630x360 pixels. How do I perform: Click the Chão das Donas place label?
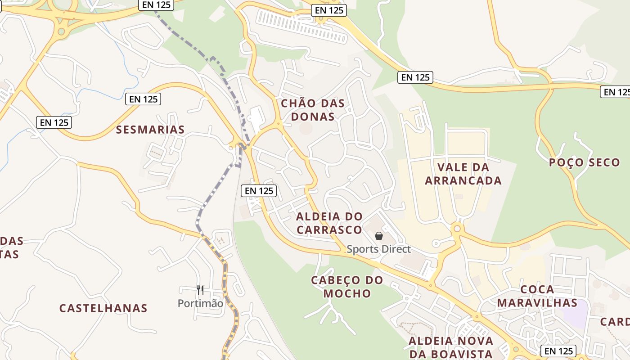(313, 110)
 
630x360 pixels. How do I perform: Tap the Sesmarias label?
(150, 130)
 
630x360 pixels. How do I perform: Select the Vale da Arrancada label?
(463, 174)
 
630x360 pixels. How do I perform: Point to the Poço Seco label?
(584, 162)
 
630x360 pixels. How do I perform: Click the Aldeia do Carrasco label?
(329, 223)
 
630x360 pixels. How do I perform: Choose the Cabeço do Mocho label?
(347, 287)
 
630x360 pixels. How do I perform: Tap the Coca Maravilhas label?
(537, 296)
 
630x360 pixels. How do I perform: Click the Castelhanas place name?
(103, 308)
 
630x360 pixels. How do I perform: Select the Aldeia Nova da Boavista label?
(450, 347)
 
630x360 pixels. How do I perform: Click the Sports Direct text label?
(378, 249)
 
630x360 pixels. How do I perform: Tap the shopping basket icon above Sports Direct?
(379, 236)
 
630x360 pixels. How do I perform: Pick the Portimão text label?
(200, 303)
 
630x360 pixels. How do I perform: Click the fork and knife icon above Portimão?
(200, 290)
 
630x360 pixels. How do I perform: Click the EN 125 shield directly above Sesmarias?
(143, 99)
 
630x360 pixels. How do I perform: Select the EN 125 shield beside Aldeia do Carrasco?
(259, 190)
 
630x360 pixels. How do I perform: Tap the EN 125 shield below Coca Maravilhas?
(558, 351)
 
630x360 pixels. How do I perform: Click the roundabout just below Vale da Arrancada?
(457, 229)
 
